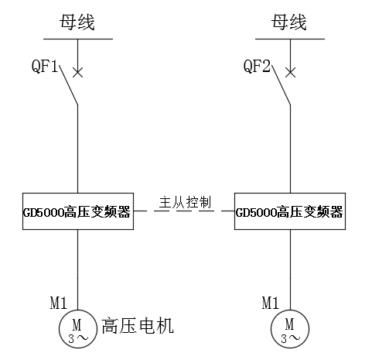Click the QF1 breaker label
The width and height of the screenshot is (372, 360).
[x=45, y=66]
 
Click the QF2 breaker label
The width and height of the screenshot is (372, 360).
[x=257, y=66]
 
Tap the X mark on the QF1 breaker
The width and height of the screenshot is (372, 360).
[x=78, y=73]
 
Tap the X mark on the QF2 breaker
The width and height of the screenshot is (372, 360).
[x=291, y=73]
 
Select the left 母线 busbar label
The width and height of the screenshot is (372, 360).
[x=77, y=22]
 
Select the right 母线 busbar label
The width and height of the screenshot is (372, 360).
[x=289, y=22]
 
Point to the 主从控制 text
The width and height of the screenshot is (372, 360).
[x=185, y=202]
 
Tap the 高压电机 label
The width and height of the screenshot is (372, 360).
[x=138, y=326]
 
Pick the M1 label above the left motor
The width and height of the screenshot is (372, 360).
[x=59, y=303]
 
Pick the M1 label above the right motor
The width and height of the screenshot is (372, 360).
[x=271, y=303]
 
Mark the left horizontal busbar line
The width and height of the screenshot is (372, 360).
[x=78, y=39]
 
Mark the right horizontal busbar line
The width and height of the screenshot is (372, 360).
[x=290, y=39]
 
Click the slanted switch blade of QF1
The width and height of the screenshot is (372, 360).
[x=69, y=85]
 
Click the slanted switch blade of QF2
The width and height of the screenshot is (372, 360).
[x=281, y=85]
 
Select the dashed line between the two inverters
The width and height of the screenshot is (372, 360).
[x=184, y=211]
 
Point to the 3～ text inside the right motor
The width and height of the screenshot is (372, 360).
[x=291, y=338]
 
